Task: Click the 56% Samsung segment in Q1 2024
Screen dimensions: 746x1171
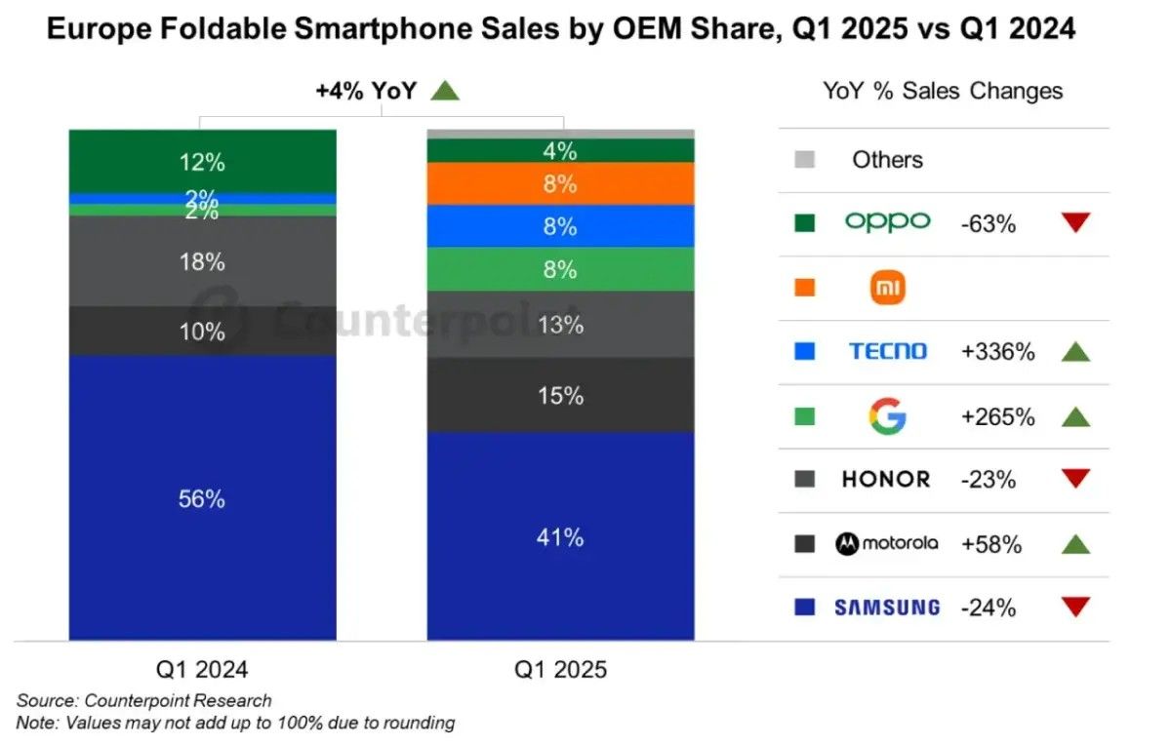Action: [202, 497]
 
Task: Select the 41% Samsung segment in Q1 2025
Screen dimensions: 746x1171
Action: [560, 535]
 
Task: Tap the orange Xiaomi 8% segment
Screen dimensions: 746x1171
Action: [560, 183]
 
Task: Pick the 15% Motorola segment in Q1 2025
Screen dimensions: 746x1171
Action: [560, 396]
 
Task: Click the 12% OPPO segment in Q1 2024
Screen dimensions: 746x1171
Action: [202, 162]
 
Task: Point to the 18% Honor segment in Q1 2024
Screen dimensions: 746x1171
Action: [202, 261]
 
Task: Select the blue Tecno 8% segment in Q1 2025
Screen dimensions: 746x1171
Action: [560, 226]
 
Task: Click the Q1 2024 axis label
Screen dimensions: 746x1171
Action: [202, 669]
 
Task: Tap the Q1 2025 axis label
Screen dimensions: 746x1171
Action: [560, 669]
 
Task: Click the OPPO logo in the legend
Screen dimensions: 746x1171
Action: [887, 222]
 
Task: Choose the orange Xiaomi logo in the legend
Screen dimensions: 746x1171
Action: [887, 287]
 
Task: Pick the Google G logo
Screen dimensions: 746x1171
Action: [887, 416]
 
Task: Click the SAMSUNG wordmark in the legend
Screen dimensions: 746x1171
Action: [887, 608]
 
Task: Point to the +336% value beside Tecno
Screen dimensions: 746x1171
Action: [997, 352]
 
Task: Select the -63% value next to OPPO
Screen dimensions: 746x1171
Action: [989, 224]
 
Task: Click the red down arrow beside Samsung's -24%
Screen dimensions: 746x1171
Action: [1074, 607]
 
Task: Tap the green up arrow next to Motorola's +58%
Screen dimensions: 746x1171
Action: [1074, 543]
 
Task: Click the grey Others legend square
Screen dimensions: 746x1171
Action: [805, 160]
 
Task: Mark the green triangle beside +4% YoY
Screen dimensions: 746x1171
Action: [445, 91]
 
